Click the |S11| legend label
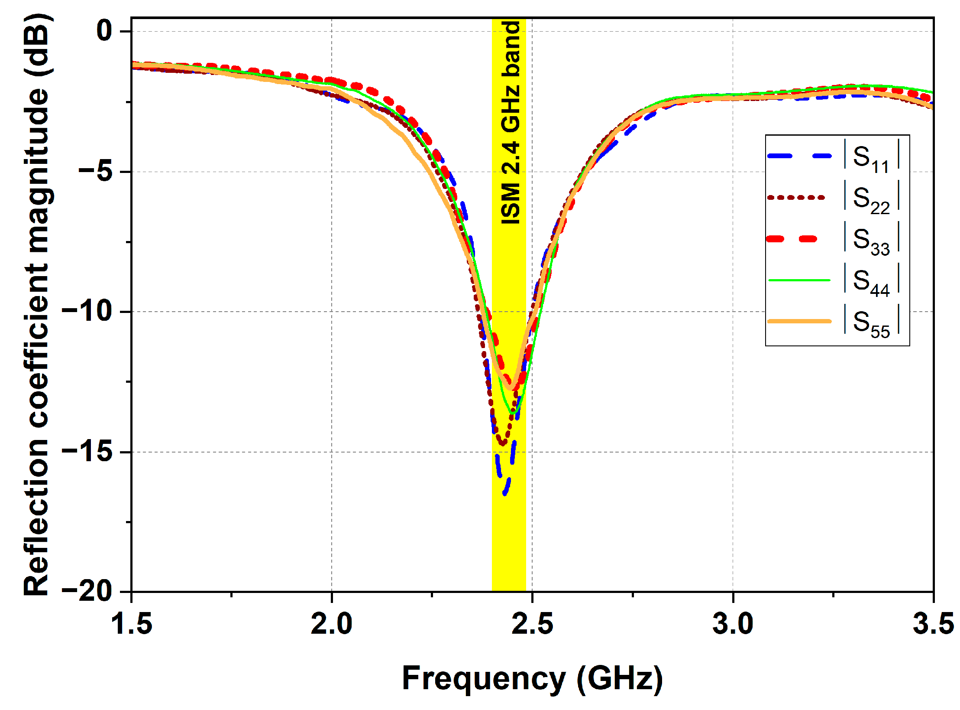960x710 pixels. tap(871, 157)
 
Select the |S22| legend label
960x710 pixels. tap(871, 199)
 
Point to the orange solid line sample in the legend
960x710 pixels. tap(799, 321)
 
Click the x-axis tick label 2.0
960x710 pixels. tap(332, 625)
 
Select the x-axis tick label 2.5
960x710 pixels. tap(532, 625)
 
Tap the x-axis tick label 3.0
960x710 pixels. tap(733, 625)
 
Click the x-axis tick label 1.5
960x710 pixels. tap(132, 625)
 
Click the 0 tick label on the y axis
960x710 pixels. tap(104, 31)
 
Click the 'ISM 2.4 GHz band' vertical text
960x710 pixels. tap(510, 123)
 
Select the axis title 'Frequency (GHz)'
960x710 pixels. tap(532, 678)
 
